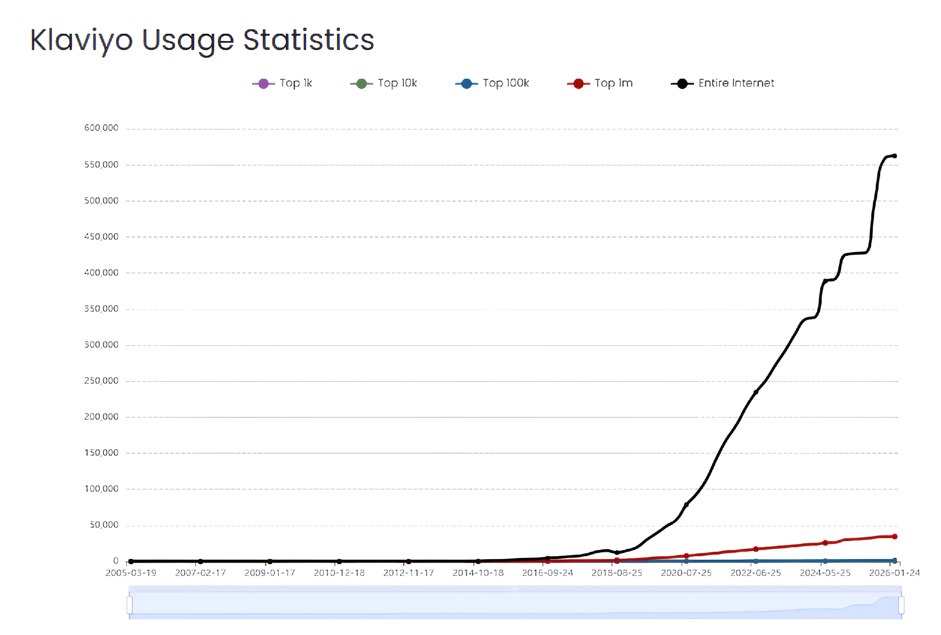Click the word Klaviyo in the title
coord(81,40)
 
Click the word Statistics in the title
coord(308,40)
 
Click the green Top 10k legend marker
coord(361,84)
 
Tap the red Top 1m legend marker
coord(578,84)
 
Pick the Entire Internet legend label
coord(736,83)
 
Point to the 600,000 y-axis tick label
coord(101,128)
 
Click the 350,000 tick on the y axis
coord(101,309)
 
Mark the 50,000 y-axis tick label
coord(104,525)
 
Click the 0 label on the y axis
coord(116,561)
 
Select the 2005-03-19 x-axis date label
coord(131,573)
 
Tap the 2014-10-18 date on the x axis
coord(478,573)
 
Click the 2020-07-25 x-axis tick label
coord(686,573)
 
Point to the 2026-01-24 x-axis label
coord(894,573)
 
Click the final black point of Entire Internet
coord(895,156)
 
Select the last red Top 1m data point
coord(895,537)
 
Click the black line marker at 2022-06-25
coord(756,392)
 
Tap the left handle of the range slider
coord(130,605)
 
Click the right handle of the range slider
coord(901,605)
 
